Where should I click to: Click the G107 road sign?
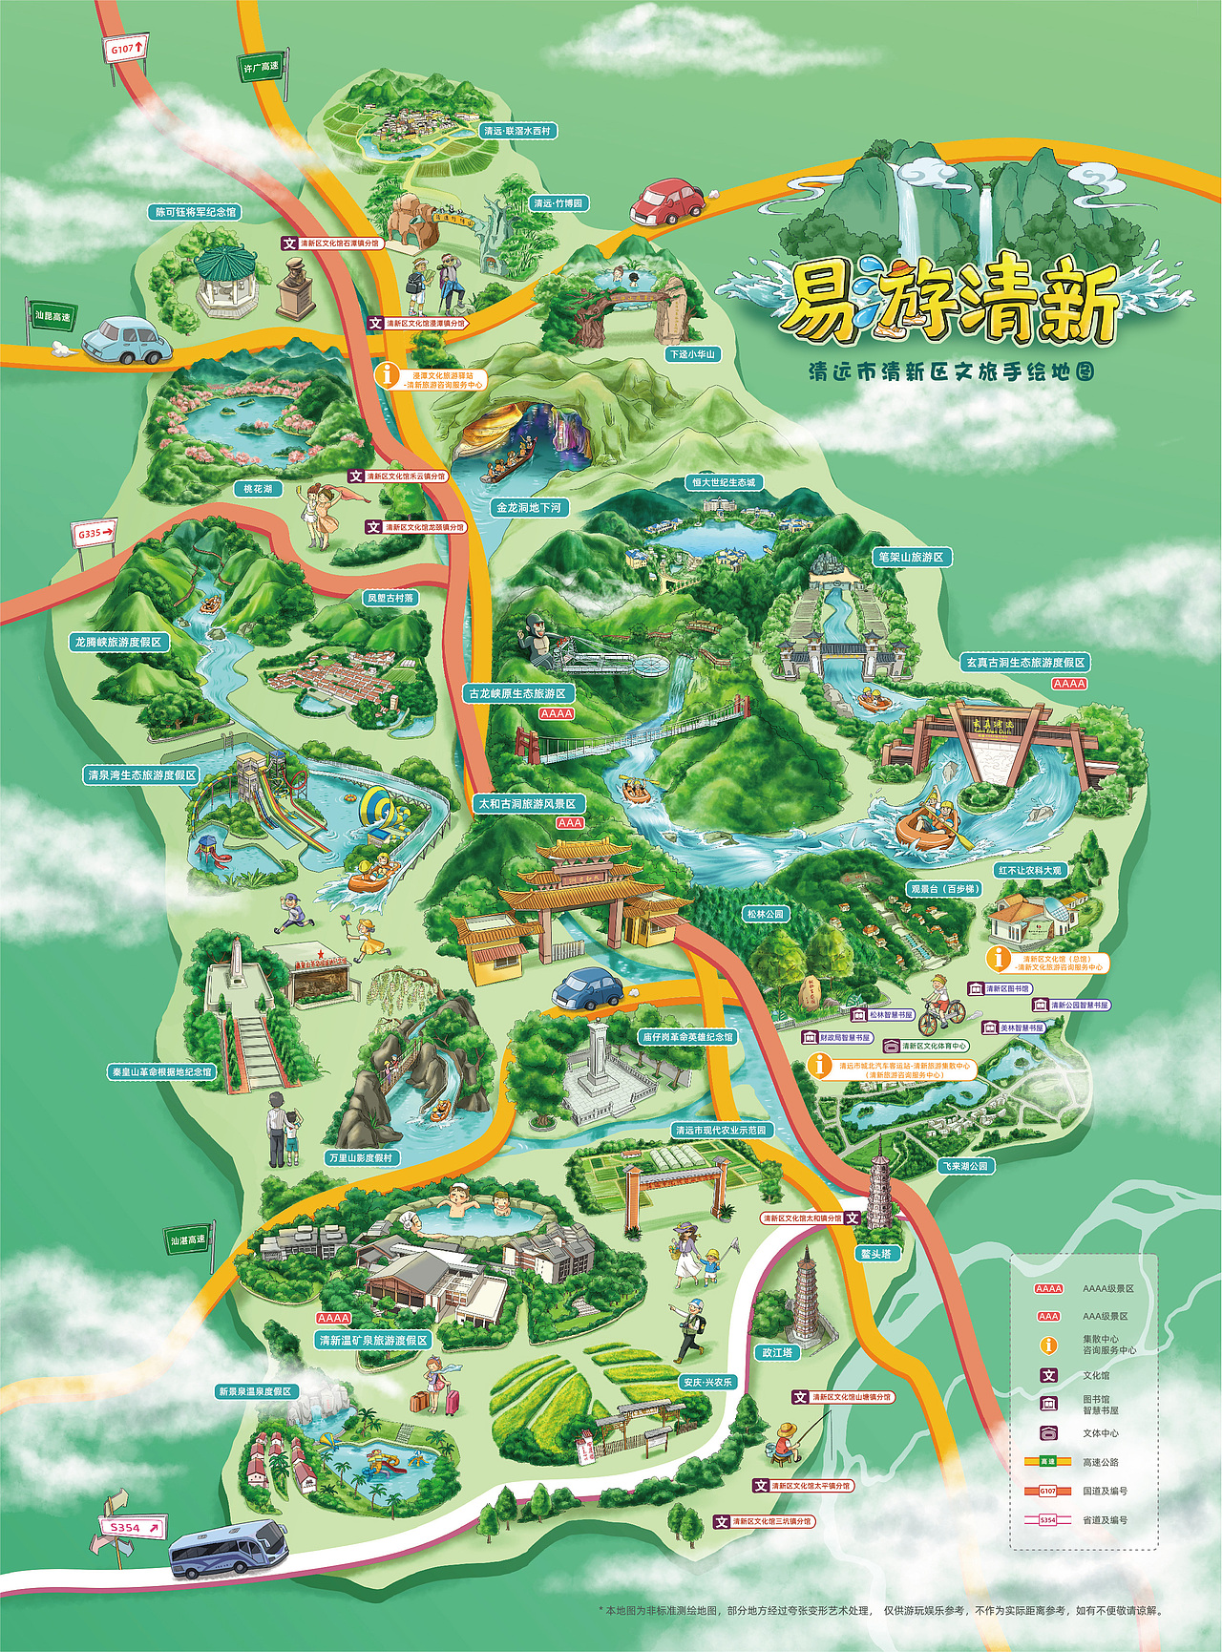(127, 47)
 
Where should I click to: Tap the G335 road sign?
(94, 534)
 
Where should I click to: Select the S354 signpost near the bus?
(130, 1528)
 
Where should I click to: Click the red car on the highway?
(666, 201)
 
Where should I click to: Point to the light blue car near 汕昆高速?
(125, 339)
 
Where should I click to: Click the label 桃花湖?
(258, 489)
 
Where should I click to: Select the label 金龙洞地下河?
(528, 508)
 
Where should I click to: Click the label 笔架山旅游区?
(910, 556)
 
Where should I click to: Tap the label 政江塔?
(777, 1351)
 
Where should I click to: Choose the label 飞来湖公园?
(966, 1166)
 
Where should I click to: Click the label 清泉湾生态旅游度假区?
(141, 774)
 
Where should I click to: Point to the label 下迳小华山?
(692, 354)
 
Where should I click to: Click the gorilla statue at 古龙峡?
(537, 639)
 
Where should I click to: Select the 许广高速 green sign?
(261, 67)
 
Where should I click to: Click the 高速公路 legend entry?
(1100, 1462)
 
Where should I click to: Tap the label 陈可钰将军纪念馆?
(196, 211)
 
